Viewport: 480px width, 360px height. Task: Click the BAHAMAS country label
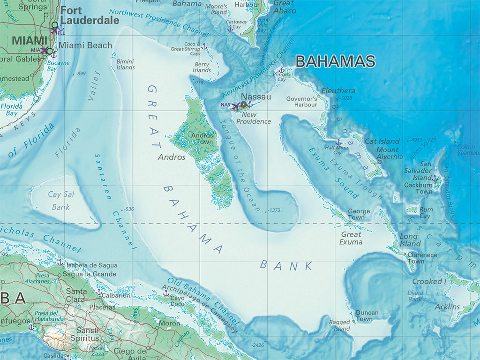point(336,62)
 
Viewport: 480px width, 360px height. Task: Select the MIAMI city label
point(30,41)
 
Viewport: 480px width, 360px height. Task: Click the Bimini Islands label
point(125,64)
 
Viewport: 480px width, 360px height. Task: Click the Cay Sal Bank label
point(59,200)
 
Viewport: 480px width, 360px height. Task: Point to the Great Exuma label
point(351,238)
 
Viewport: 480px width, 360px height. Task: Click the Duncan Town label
point(367,315)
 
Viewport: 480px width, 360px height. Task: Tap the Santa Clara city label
point(76,295)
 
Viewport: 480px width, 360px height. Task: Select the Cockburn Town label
point(418,188)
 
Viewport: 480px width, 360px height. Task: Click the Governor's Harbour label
point(301,102)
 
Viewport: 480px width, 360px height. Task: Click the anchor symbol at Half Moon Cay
point(338,142)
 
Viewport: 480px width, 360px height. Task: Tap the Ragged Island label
point(339,325)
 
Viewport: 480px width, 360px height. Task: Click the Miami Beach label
point(85,45)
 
